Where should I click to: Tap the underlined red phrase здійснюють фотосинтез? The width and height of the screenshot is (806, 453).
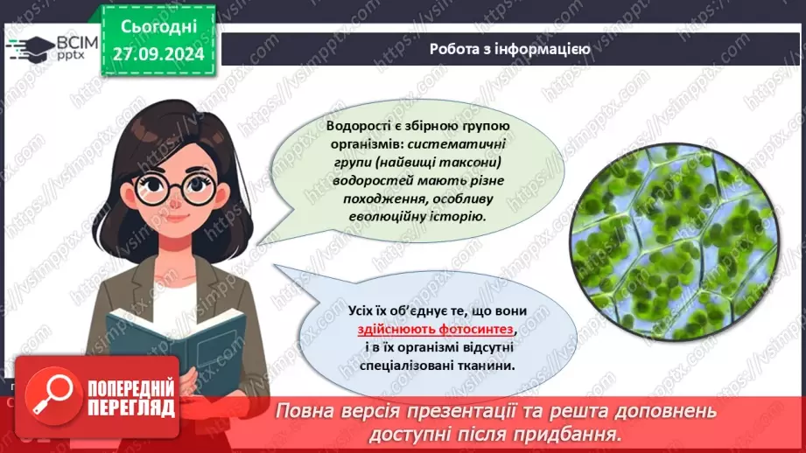[436, 330]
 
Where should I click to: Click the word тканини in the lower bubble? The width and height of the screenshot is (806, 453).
[476, 366]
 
